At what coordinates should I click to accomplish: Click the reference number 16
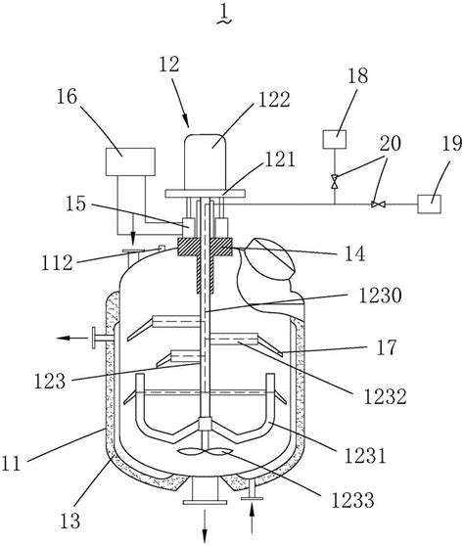[67, 97]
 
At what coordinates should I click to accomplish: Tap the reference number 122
[274, 100]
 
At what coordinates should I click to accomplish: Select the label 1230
[381, 296]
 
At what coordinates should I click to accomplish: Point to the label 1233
[352, 500]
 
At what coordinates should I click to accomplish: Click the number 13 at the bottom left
[70, 521]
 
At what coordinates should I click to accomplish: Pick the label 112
[57, 263]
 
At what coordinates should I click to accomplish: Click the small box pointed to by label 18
[335, 139]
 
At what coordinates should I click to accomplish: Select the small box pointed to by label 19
[430, 205]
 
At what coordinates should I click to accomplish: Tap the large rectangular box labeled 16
[130, 161]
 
